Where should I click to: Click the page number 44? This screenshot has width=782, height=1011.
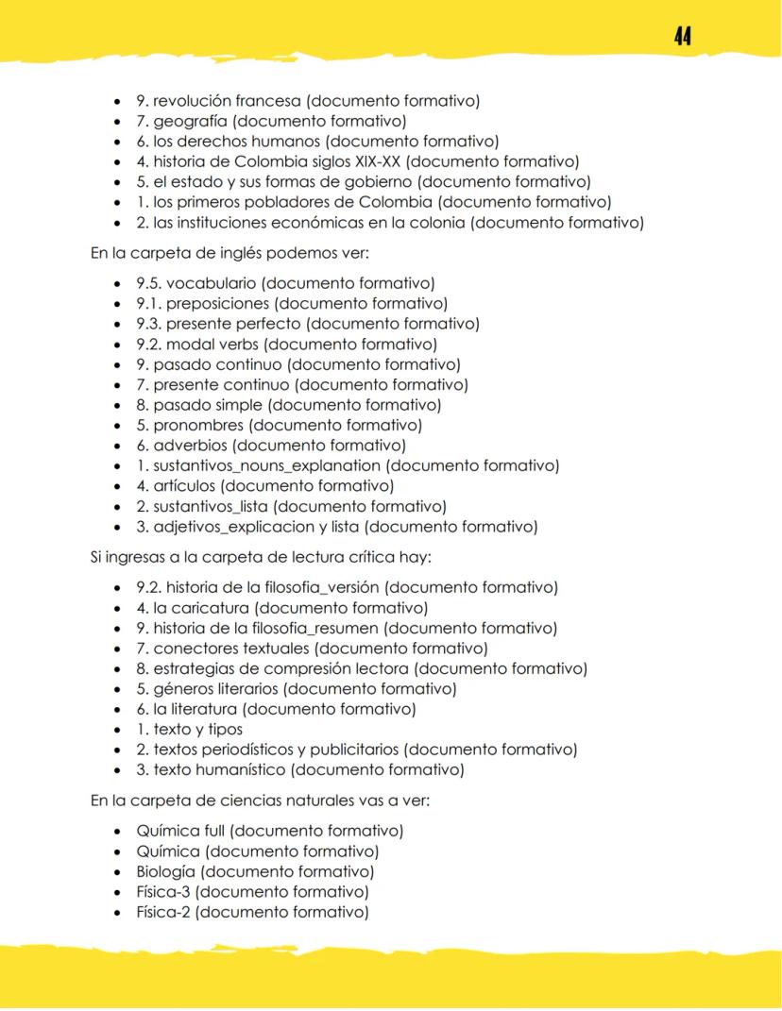(x=683, y=36)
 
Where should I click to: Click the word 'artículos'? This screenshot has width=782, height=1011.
(x=183, y=485)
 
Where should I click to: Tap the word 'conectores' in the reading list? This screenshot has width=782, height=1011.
(x=193, y=649)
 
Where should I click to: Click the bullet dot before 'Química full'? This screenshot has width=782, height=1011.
(x=116, y=832)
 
